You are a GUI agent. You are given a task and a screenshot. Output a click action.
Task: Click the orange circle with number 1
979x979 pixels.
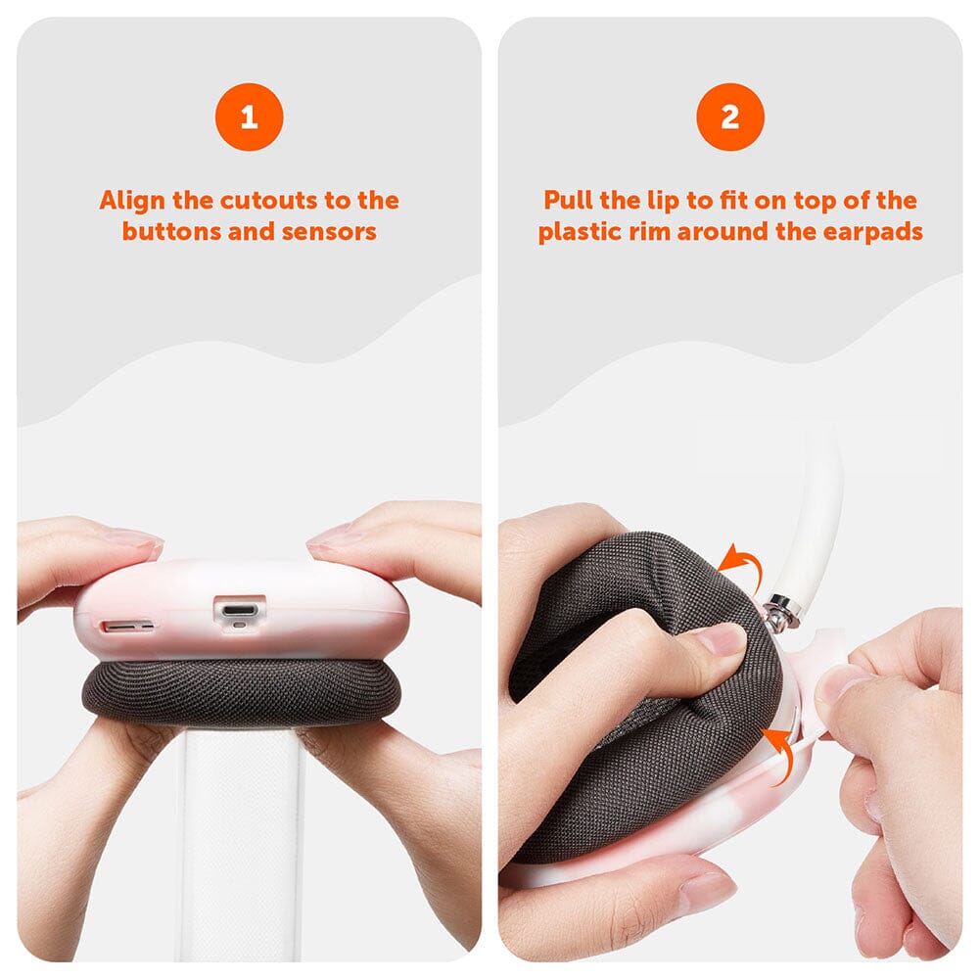[249, 117]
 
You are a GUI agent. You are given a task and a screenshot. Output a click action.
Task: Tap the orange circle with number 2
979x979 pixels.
[730, 117]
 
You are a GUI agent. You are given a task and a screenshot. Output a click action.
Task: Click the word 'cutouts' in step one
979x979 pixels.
[269, 201]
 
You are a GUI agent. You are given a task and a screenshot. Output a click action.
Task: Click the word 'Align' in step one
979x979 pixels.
[132, 201]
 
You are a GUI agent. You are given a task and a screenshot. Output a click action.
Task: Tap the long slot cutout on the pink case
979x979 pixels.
[126, 626]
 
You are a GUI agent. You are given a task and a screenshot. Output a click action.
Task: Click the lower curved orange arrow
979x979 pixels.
[784, 751]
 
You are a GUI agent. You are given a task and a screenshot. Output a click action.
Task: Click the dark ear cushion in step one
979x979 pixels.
[241, 694]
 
